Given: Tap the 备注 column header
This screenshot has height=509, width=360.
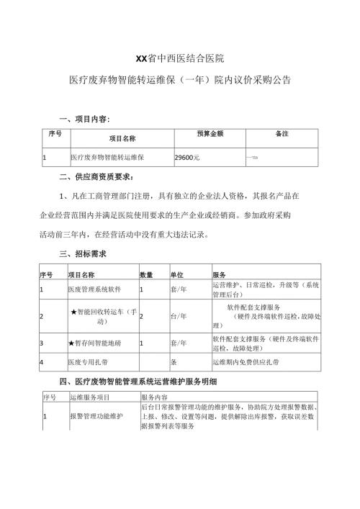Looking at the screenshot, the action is tap(282, 134).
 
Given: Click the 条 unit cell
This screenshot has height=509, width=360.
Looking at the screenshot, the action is tap(173, 362).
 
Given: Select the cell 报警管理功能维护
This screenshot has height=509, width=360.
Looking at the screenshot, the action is tap(96, 417).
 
